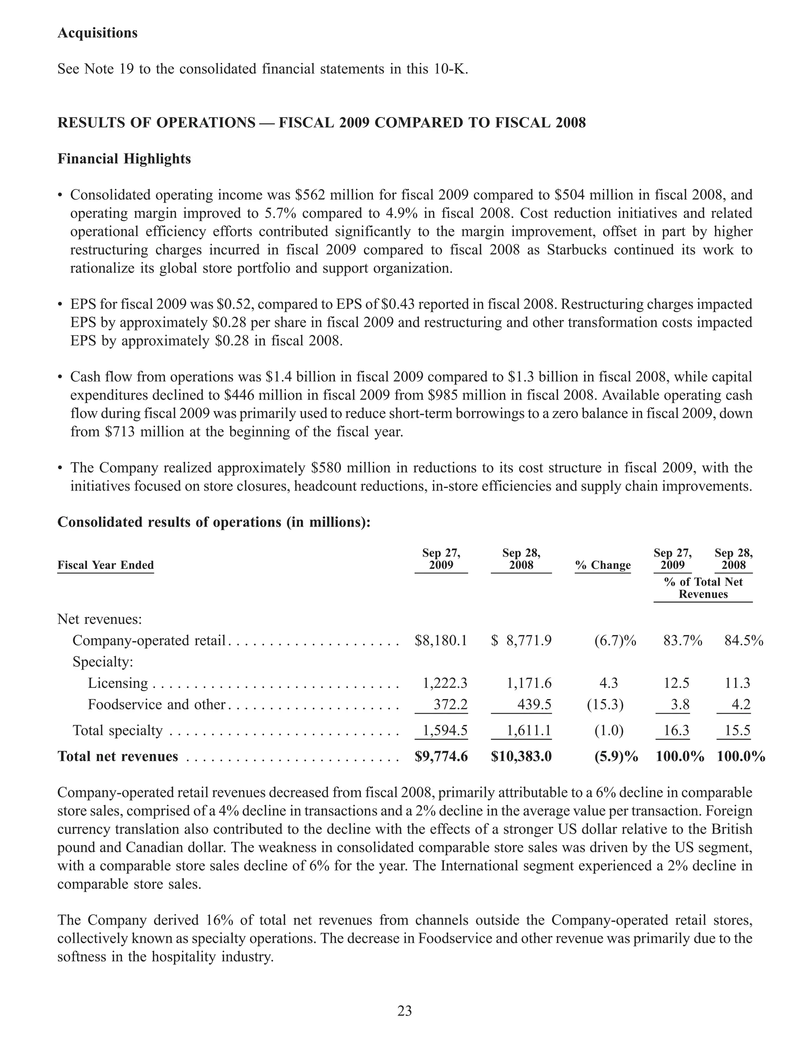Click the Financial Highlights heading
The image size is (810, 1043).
coord(124,159)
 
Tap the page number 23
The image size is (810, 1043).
coord(405,1011)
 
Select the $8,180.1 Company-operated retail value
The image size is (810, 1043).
coord(441,641)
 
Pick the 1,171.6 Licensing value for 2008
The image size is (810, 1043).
coord(529,683)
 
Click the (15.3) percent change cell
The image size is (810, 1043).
coord(605,705)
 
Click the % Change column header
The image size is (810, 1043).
coord(603,565)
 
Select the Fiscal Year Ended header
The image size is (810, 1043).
coord(106,565)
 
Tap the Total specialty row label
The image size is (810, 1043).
coord(117,730)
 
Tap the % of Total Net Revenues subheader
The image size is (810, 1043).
coord(703,588)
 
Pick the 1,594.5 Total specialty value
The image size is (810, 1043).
coord(445,730)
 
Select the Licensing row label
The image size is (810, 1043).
coord(118,683)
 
